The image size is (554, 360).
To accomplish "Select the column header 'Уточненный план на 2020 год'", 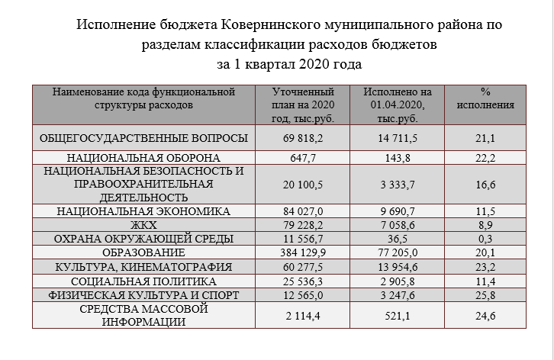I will (303, 105).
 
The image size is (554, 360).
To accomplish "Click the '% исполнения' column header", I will (485, 99).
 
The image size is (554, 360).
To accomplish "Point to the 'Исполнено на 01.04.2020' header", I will (394, 105).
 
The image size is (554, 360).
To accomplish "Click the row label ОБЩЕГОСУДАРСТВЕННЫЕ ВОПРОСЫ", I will (143, 138).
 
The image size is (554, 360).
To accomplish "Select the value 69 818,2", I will (304, 138).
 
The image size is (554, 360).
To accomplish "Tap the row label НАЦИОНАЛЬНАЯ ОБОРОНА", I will (143, 158).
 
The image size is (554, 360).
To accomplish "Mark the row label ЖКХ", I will (143, 224).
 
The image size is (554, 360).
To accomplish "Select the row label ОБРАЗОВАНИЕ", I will (143, 252).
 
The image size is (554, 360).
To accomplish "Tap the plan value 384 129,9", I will (304, 252).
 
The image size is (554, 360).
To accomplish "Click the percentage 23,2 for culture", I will (485, 267).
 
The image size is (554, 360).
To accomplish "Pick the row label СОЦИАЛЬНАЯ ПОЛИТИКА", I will (143, 281).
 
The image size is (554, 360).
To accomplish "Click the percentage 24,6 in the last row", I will (485, 315).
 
